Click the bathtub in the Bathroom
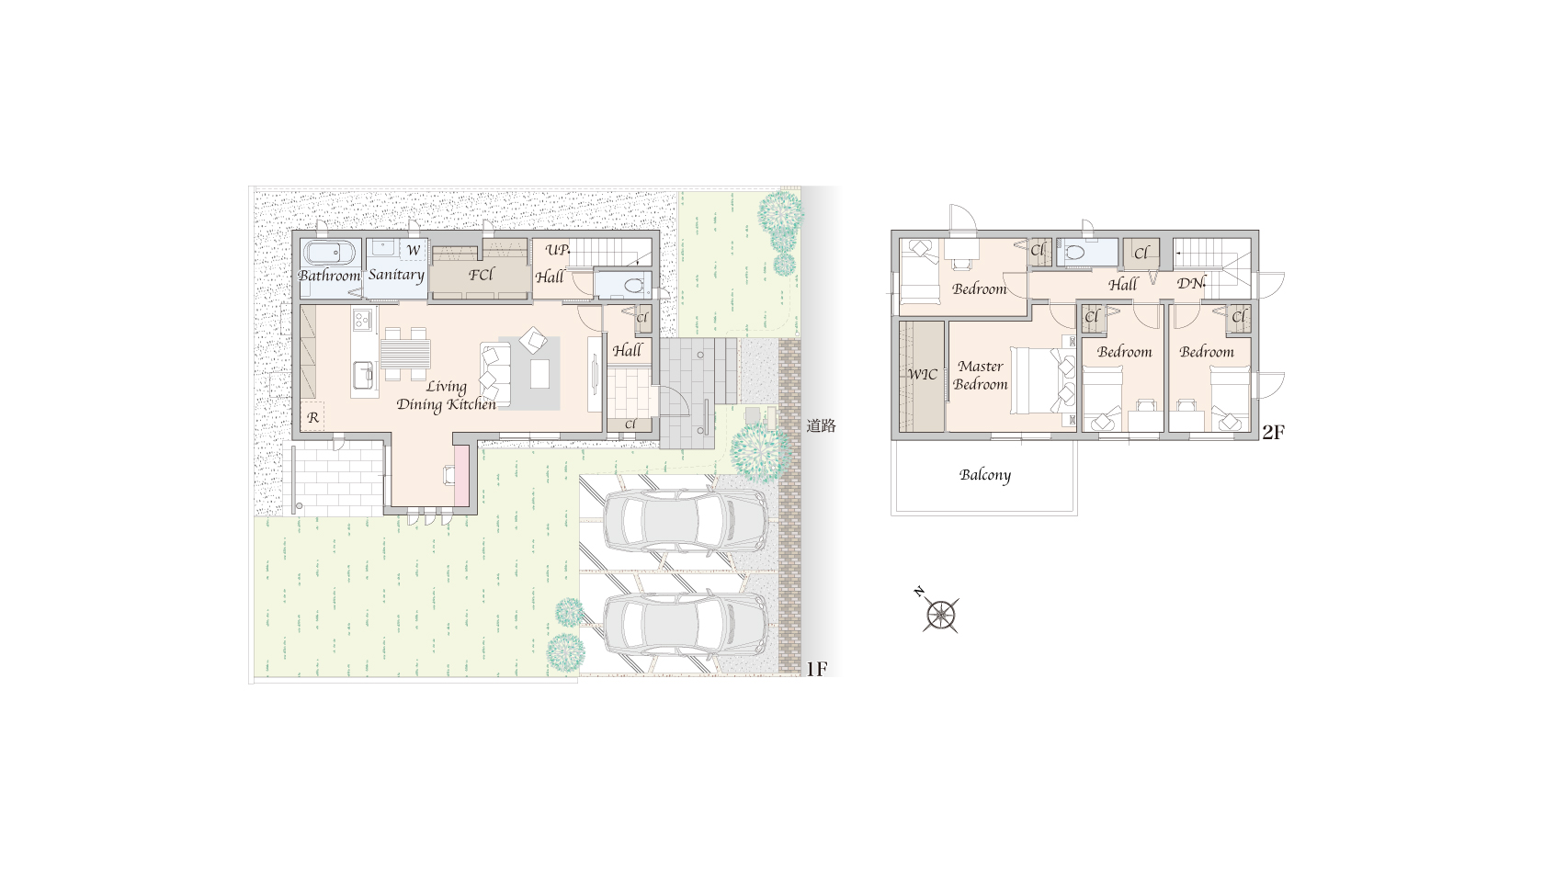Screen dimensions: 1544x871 click(331, 253)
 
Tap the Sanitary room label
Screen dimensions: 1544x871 click(395, 275)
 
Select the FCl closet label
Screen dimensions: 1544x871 click(482, 275)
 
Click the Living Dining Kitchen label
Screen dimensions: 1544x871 click(446, 395)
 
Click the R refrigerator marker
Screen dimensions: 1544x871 click(312, 417)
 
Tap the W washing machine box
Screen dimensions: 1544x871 click(413, 250)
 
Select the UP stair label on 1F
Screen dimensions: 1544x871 click(558, 250)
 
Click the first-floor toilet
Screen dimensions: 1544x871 click(630, 285)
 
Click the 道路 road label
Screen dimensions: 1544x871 click(821, 426)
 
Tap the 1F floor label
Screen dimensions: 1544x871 click(816, 669)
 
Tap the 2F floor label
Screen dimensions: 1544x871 click(1273, 432)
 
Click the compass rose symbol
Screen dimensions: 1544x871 click(940, 614)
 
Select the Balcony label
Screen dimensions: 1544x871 click(985, 475)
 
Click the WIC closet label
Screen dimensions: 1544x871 click(923, 374)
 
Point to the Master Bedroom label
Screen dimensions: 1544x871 click(980, 376)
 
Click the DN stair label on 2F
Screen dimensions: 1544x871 click(1190, 283)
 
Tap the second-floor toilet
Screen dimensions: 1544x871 click(1075, 253)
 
